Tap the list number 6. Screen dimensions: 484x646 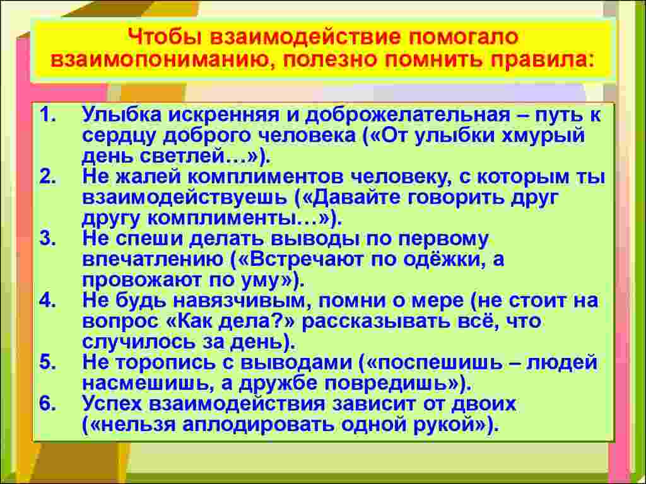click(47, 403)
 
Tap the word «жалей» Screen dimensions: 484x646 click(144, 177)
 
